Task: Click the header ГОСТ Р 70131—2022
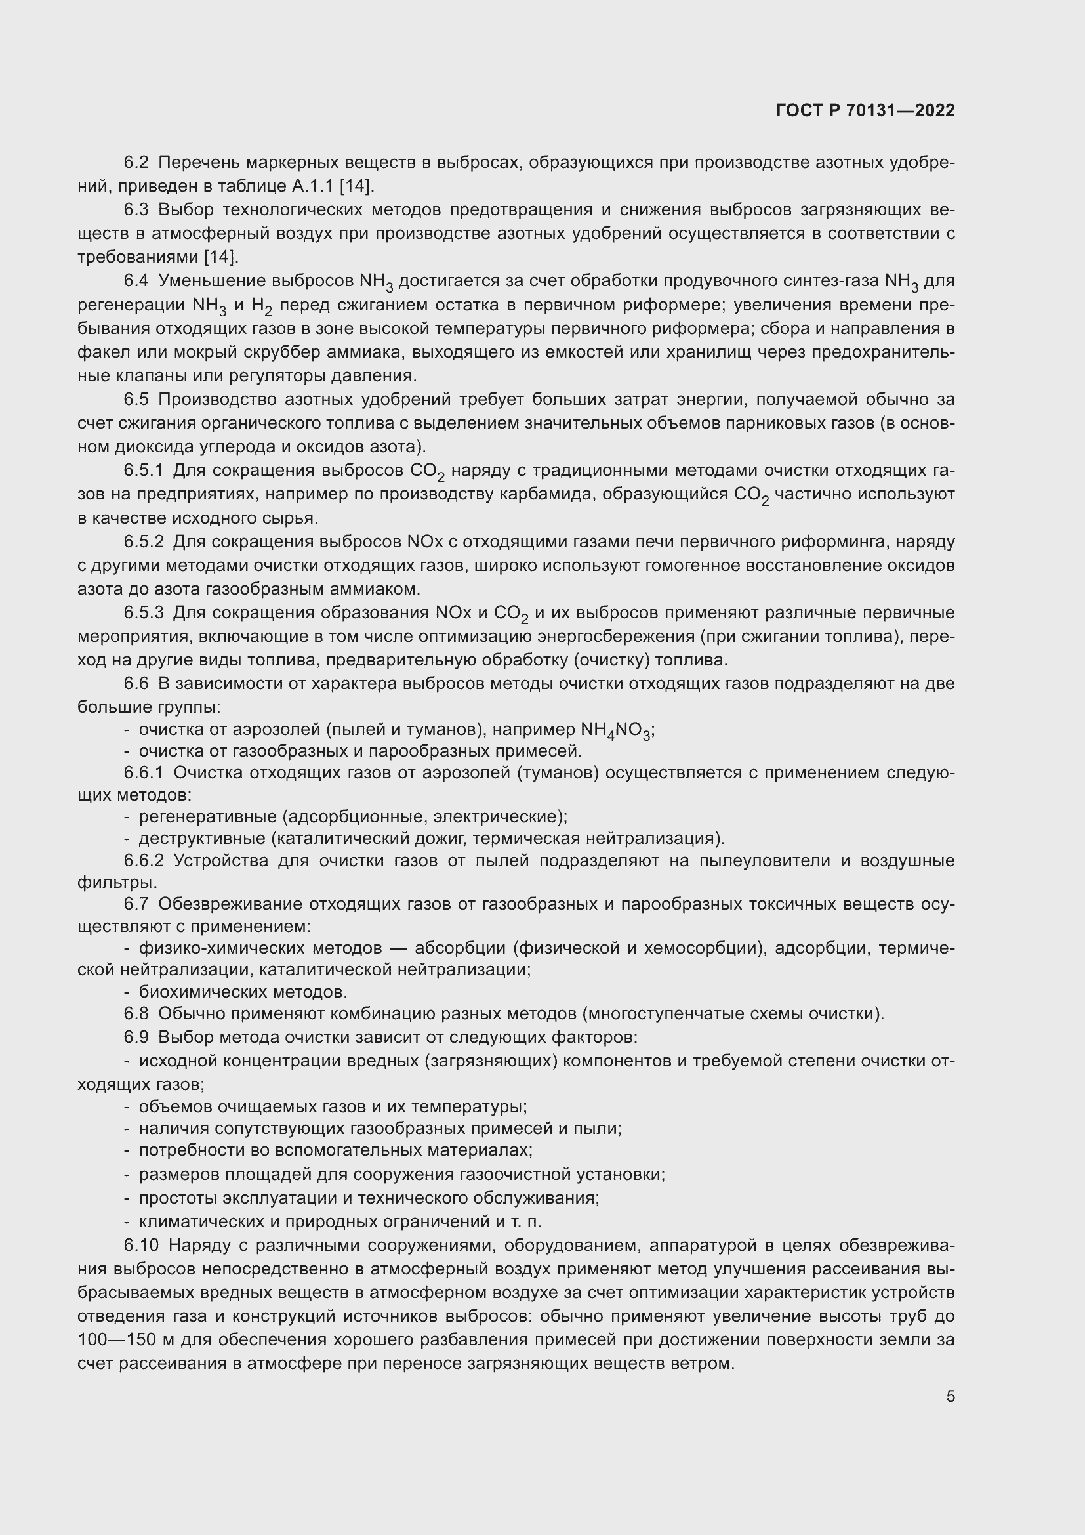865,110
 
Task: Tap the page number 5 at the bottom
950,1396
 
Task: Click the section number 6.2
136,163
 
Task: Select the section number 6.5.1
144,470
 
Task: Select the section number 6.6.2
144,860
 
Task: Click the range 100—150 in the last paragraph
117,1340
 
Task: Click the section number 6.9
136,1037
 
